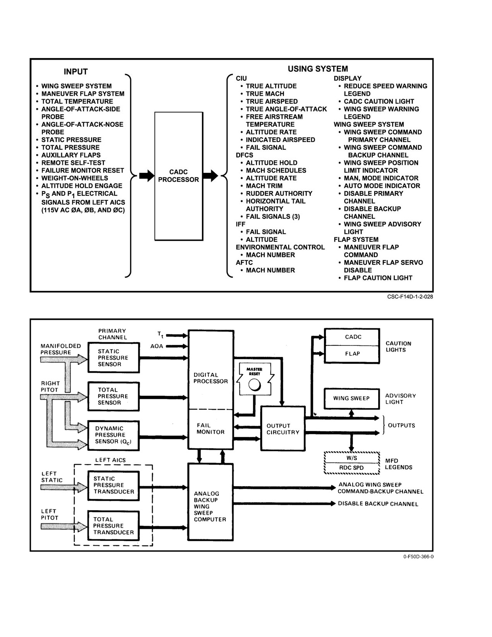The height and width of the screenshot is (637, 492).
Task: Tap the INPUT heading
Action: pyautogui.click(x=76, y=71)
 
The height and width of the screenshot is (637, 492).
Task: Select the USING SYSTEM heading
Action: pyautogui.click(x=318, y=69)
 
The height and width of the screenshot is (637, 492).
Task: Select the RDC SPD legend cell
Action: pyautogui.click(x=352, y=468)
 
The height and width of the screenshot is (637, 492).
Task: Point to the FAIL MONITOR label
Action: pyautogui.click(x=211, y=428)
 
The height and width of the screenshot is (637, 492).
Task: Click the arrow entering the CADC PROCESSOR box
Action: pyautogui.click(x=147, y=176)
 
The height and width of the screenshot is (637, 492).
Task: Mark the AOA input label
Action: pyautogui.click(x=157, y=346)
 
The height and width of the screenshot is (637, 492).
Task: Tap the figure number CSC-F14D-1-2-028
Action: pyautogui.click(x=410, y=297)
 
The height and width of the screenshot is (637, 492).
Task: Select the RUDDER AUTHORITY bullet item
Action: pyautogui.click(x=277, y=193)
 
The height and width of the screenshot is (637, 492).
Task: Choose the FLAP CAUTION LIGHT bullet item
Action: pyautogui.click(x=375, y=278)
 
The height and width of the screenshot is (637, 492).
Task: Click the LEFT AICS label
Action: pyautogui.click(x=110, y=460)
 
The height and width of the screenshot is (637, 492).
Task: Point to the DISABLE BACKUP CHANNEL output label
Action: pyautogui.click(x=378, y=504)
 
